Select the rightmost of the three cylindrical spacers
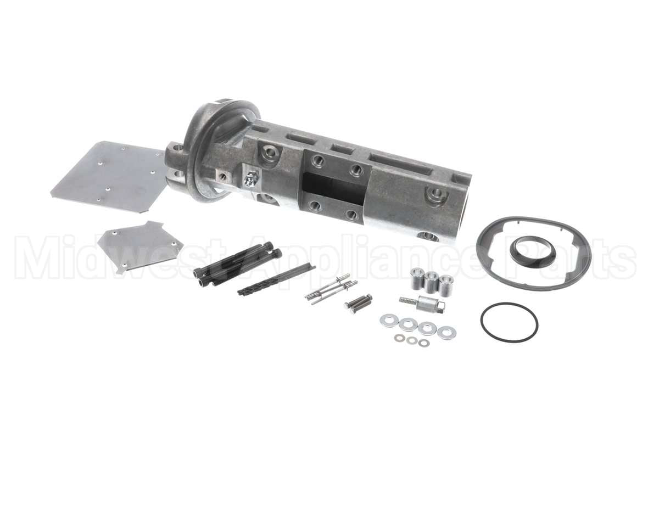coord(446,285)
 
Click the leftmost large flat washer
coord(389,321)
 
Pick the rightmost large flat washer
coord(446,332)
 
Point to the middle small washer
coord(412,341)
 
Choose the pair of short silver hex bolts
coord(358,302)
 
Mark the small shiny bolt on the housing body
coord(252,177)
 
